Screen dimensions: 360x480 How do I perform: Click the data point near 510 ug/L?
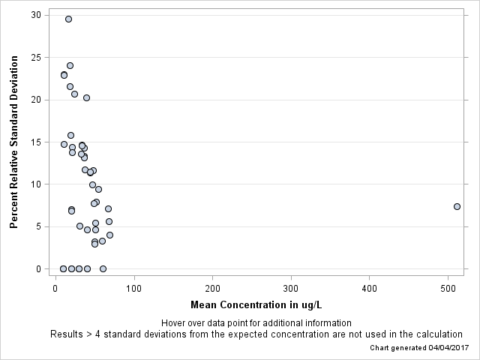click(x=457, y=206)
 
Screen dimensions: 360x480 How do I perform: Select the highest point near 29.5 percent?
click(x=68, y=19)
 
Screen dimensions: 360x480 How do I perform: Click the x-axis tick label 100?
click(x=134, y=288)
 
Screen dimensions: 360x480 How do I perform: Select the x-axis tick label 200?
click(x=212, y=288)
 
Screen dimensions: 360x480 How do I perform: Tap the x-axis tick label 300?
click(x=291, y=288)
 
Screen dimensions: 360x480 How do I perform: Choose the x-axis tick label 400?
click(x=370, y=288)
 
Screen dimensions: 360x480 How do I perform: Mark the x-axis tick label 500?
click(x=448, y=288)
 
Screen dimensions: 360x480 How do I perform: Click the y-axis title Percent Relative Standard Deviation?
click(x=14, y=142)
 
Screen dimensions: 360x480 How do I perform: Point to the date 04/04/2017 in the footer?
click(x=448, y=348)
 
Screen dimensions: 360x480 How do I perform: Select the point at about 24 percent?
click(x=70, y=65)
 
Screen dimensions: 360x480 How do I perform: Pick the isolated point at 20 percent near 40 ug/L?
click(x=86, y=97)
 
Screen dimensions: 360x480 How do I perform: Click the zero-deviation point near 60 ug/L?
click(x=103, y=268)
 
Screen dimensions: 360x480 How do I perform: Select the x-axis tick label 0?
click(x=55, y=288)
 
